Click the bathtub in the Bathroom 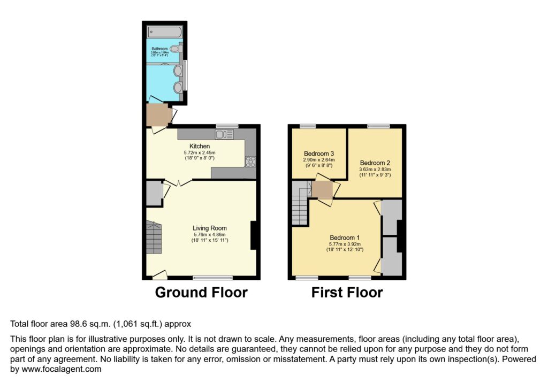165,32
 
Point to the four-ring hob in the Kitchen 250,160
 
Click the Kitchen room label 200,146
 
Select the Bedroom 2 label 374,163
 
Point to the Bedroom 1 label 345,238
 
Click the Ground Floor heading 201,293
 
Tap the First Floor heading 347,293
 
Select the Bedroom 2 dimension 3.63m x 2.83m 374,170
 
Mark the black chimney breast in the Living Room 255,235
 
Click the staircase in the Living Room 154,238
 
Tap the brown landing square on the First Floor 323,189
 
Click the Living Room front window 212,278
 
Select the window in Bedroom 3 308,126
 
